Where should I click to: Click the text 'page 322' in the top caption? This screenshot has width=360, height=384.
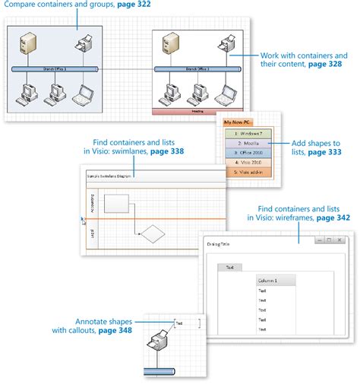(131, 5)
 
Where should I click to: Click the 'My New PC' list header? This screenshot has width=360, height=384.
(238, 122)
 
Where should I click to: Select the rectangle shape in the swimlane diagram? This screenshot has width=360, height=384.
(116, 203)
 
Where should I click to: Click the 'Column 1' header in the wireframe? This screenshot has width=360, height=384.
(275, 281)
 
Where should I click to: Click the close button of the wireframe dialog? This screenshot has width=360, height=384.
(340, 240)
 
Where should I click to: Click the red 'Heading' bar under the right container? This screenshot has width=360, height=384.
(197, 111)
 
